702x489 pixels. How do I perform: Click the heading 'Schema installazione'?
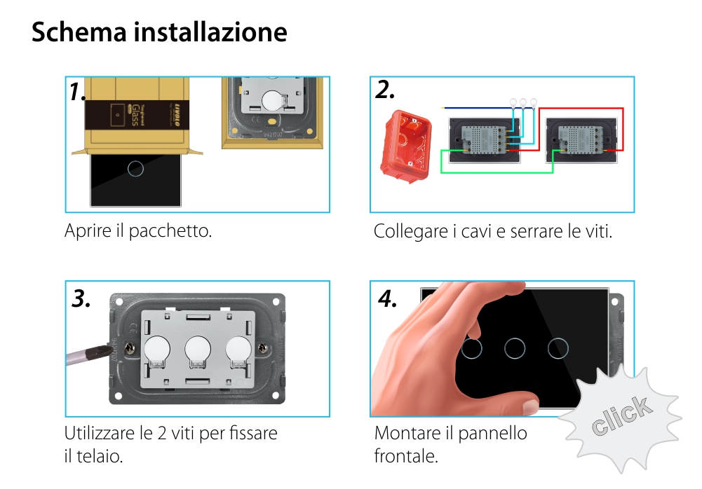tap(159, 33)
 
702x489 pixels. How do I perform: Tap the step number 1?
tap(78, 92)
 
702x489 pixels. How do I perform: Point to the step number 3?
tap(81, 298)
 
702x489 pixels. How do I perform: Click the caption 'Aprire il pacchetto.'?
tap(138, 230)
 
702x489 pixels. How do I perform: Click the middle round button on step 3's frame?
tap(198, 347)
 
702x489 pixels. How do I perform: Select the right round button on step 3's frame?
tap(238, 347)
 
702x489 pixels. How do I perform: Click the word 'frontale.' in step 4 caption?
tap(406, 457)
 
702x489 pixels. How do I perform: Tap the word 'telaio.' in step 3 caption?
tap(101, 457)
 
